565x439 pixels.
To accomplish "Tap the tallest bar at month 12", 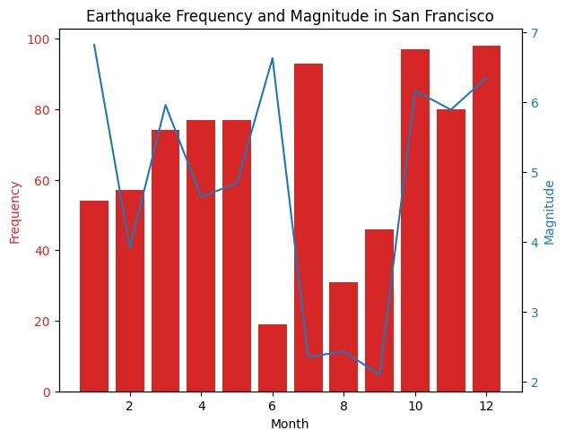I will click(486, 219).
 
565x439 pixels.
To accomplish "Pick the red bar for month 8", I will click(343, 337).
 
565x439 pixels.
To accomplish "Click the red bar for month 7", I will click(308, 228).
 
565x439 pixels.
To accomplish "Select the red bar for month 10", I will click(415, 220).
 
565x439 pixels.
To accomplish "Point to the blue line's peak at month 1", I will click(94, 45).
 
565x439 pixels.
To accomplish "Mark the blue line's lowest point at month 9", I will click(379, 374).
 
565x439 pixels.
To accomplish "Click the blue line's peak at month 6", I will click(272, 58).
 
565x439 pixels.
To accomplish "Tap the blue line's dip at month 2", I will click(130, 246).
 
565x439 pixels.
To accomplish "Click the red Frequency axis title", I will click(14, 212).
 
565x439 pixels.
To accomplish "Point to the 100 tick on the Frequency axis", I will click(38, 39).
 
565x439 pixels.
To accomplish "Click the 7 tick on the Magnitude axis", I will click(535, 33).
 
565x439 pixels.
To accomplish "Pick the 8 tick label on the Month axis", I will click(343, 406).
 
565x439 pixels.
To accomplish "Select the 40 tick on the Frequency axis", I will click(41, 251).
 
